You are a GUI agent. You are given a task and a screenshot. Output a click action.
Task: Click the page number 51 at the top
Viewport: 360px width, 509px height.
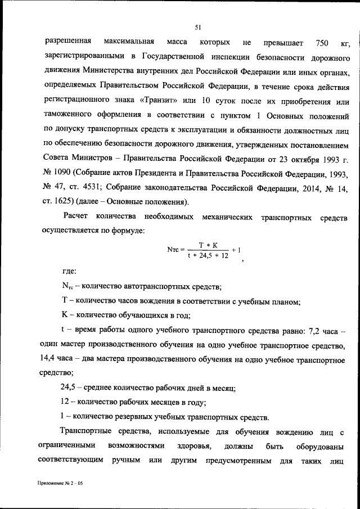tap(198, 26)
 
